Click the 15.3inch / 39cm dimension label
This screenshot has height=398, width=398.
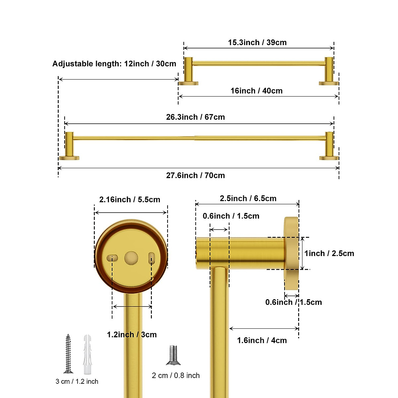(257, 42)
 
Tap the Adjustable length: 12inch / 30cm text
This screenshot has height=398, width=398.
(114, 64)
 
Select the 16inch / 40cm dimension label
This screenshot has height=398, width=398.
(256, 91)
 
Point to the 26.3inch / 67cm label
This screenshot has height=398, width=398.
(195, 117)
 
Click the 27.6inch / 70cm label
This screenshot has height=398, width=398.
(195, 175)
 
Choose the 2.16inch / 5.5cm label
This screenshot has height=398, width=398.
(130, 200)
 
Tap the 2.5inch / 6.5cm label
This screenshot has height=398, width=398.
(248, 199)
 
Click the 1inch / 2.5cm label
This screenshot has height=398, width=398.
(329, 253)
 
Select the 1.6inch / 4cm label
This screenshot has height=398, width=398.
(262, 340)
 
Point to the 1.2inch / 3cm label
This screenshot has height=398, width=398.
(132, 335)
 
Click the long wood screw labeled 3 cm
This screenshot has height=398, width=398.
(68, 354)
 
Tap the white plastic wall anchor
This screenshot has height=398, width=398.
(87, 354)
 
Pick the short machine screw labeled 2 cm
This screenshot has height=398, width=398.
(173, 355)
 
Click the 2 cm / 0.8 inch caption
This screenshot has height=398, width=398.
(176, 375)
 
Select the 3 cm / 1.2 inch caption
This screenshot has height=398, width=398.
(77, 381)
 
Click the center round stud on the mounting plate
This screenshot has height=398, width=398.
(131, 258)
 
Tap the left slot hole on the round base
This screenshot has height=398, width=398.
(112, 258)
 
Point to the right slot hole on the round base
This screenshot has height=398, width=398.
(152, 258)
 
